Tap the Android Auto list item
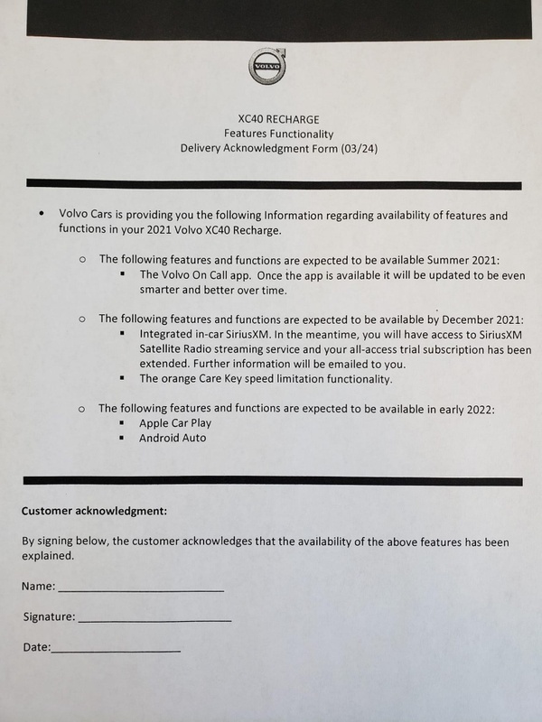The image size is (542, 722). pyautogui.click(x=173, y=438)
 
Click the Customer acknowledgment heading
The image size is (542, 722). pyautogui.click(x=94, y=512)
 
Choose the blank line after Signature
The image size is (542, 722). pyautogui.click(x=154, y=620)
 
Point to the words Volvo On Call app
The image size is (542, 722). pyautogui.click(x=208, y=273)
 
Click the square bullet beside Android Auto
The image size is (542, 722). pyautogui.click(x=123, y=439)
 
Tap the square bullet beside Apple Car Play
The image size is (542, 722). pyautogui.click(x=123, y=423)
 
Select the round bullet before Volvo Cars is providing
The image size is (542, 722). pyautogui.click(x=42, y=216)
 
